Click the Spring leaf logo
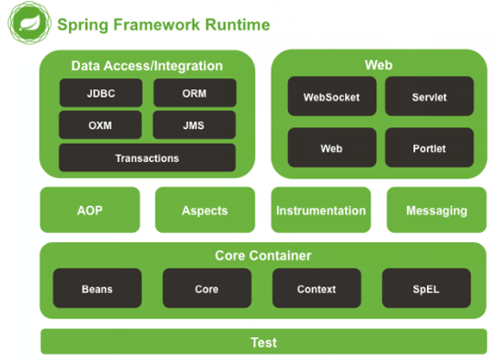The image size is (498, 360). click(x=29, y=23)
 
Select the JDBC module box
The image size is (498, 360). click(x=101, y=93)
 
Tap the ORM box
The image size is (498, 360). click(x=195, y=93)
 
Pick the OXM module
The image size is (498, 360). click(x=100, y=125)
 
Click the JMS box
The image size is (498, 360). click(x=194, y=125)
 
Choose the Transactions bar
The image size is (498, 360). click(x=147, y=157)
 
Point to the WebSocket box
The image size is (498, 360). click(x=332, y=96)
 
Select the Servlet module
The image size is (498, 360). click(x=429, y=96)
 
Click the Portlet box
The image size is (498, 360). click(x=429, y=147)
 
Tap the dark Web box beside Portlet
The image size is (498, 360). click(x=332, y=147)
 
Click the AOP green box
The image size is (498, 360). click(x=90, y=210)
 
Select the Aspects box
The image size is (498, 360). click(x=205, y=210)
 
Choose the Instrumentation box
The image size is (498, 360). click(x=320, y=210)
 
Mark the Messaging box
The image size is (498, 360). click(x=436, y=210)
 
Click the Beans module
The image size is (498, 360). click(x=98, y=288)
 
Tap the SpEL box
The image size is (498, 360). click(x=426, y=288)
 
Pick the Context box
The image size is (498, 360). click(x=317, y=288)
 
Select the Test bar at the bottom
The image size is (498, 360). click(x=263, y=342)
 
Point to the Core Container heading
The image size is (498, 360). click(x=263, y=255)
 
